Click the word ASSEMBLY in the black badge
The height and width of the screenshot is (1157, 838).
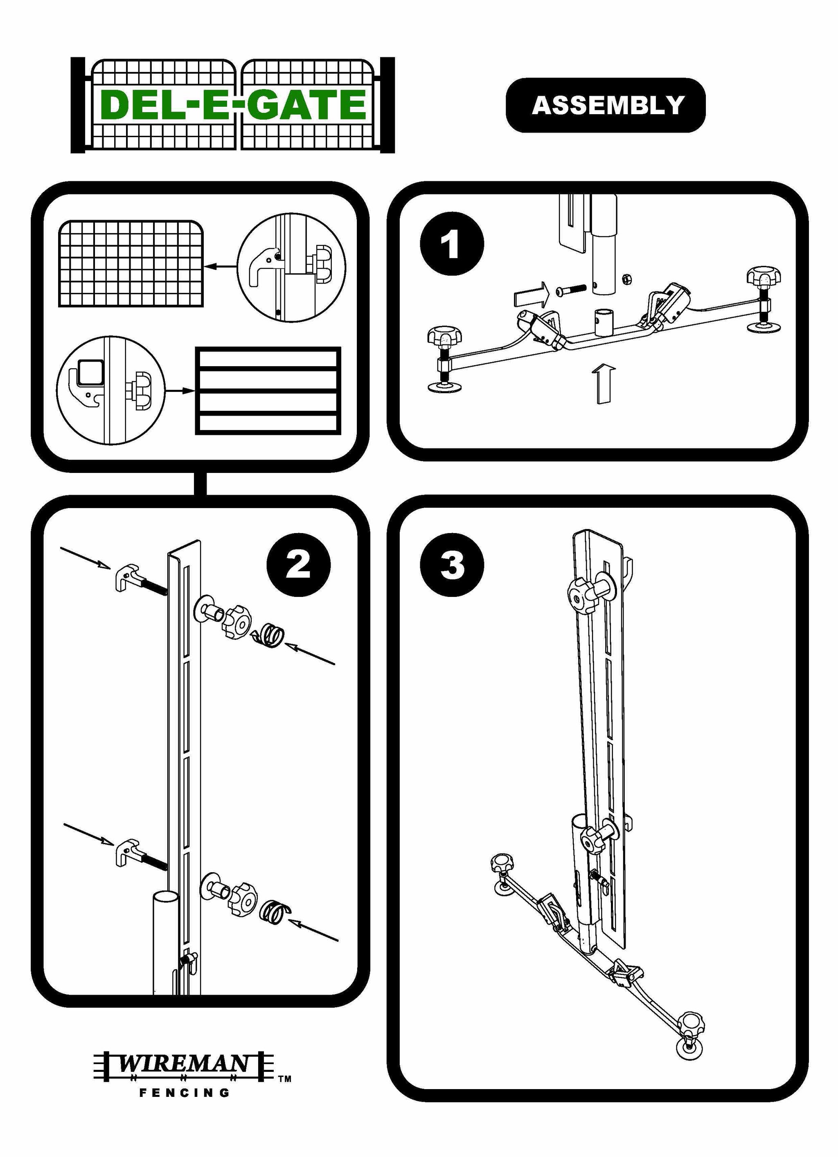point(607,105)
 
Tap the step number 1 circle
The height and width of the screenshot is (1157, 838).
point(451,244)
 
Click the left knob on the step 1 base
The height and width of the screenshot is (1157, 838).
point(442,337)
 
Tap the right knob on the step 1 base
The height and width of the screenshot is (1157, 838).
point(764,277)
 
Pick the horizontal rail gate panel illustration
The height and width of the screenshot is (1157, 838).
point(268,390)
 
